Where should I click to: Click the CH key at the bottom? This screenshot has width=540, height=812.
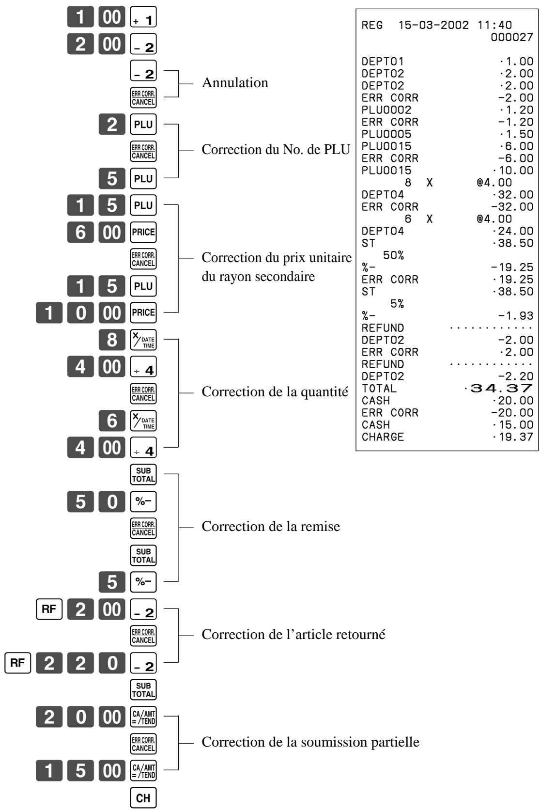(x=143, y=797)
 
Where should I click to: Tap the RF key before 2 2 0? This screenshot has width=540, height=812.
(x=17, y=663)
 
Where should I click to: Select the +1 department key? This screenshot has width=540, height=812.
(x=143, y=16)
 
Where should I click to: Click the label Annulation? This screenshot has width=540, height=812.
(x=235, y=83)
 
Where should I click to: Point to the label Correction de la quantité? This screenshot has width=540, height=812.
(x=275, y=392)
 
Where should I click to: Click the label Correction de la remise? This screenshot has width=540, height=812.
(x=271, y=526)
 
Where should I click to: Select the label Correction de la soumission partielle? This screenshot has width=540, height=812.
(x=310, y=742)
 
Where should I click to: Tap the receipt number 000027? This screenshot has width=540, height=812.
(x=512, y=37)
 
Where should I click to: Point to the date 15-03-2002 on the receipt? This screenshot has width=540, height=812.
(x=433, y=25)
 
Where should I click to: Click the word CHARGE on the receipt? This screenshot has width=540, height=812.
(x=383, y=437)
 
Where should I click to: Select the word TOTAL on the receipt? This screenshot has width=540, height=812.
(x=379, y=389)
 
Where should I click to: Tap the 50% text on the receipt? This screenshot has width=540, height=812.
(x=393, y=255)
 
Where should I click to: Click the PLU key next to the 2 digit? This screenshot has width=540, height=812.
(x=143, y=125)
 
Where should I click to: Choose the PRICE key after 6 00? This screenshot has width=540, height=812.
(x=143, y=232)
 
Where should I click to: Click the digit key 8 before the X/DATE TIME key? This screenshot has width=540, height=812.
(x=112, y=340)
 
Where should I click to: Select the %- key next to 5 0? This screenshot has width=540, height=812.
(x=143, y=501)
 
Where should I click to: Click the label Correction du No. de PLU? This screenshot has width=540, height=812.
(x=276, y=149)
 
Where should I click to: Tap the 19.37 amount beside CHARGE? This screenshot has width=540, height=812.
(x=513, y=437)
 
